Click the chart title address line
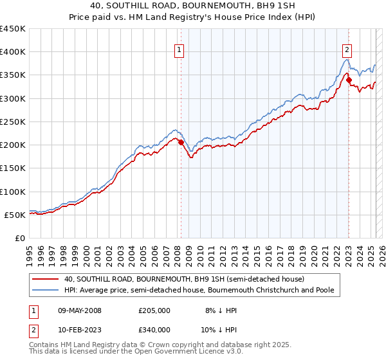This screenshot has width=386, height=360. point(193,7)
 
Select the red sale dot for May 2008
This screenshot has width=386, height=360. point(181,143)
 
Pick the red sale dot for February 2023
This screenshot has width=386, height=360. point(349,80)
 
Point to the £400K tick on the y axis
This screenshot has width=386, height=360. point(13,52)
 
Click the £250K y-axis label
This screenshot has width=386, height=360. point(13,122)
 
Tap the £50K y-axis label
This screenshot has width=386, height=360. point(15,215)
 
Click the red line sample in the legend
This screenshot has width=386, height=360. point(45,279)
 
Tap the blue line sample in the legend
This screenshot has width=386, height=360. point(45,290)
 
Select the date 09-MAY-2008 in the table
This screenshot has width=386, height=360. point(80,310)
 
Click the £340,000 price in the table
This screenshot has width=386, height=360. point(154,330)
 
